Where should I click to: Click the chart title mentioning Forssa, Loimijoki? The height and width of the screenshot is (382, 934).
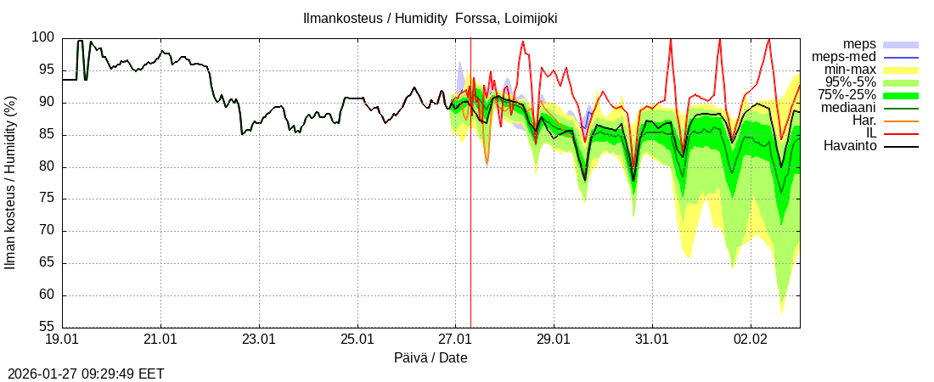coord(430,18)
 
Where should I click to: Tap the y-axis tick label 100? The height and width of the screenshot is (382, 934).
coord(43,37)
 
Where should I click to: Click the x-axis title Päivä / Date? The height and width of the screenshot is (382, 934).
coord(430,358)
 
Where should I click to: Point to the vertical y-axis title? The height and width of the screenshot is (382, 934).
coord(11,183)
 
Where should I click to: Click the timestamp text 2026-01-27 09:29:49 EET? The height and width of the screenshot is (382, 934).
coord(86,374)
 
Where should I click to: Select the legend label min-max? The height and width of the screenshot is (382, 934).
coord(851,70)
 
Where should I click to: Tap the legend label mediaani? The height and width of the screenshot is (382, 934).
coord(849,108)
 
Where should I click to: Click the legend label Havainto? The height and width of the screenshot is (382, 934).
coord(850,146)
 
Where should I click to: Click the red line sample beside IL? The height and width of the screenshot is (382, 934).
coord(901,134)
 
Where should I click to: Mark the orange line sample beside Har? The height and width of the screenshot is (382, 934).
coord(901,121)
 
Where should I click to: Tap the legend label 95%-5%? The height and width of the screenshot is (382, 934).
coord(849,82)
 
